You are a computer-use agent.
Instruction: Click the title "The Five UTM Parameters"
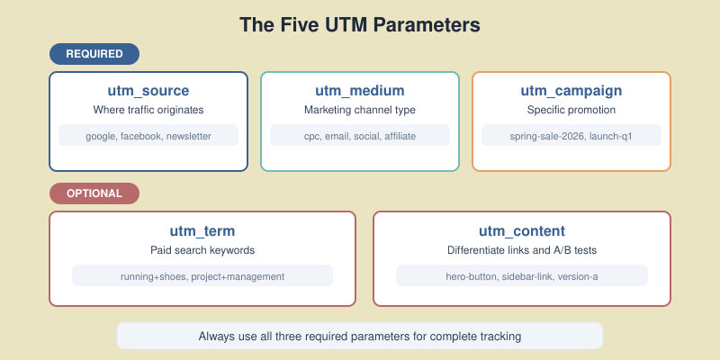(360, 23)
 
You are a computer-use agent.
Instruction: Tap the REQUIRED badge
(94, 53)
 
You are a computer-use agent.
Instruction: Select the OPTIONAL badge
(94, 193)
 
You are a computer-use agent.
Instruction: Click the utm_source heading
(148, 91)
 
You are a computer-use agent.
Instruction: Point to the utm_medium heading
(360, 91)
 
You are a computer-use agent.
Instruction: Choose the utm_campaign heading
(571, 91)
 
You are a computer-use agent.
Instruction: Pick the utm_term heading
(202, 230)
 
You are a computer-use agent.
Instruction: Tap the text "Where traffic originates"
(148, 110)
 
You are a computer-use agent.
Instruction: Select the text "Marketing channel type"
(360, 110)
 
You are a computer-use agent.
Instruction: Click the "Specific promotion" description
(571, 110)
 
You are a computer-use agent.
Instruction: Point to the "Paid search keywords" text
(202, 249)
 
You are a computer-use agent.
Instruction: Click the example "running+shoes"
(154, 276)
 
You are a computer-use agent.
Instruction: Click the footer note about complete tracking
(360, 336)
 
